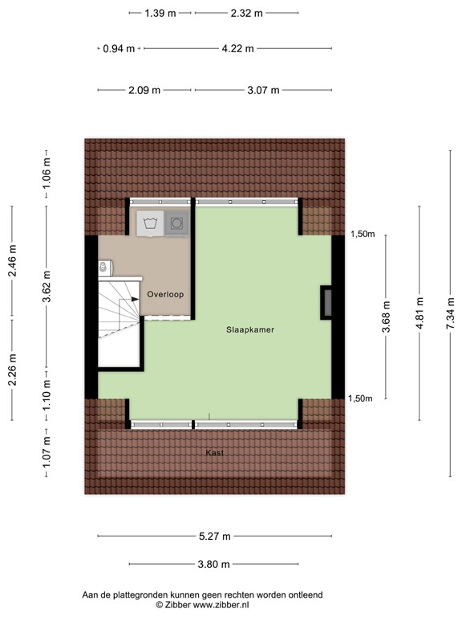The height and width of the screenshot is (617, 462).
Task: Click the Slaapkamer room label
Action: [x=250, y=329]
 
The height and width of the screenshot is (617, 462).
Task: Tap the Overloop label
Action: [x=165, y=295]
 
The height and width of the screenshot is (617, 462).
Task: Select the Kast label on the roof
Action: [x=214, y=453]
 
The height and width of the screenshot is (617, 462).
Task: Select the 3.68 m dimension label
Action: [x=386, y=317]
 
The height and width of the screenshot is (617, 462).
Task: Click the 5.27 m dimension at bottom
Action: [x=214, y=537]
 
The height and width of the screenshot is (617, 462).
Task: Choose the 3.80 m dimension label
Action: [x=214, y=564]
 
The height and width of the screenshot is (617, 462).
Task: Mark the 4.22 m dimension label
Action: [x=237, y=48]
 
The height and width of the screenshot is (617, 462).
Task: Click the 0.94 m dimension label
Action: [x=118, y=48]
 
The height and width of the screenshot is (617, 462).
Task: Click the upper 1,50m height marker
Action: [x=362, y=234]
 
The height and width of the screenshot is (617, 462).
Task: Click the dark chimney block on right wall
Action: [x=326, y=302]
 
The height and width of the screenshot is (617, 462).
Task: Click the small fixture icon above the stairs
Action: [x=103, y=266]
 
